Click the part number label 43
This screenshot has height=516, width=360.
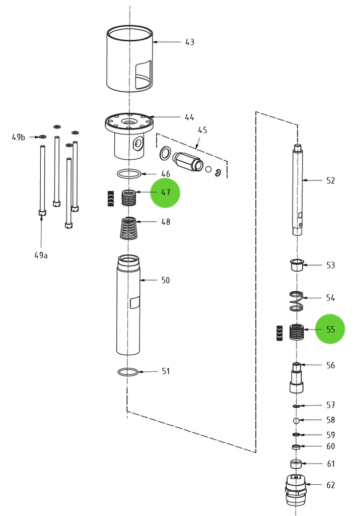(x=189, y=42)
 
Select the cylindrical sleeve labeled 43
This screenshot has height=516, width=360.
(x=129, y=59)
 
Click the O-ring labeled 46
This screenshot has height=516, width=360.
(x=129, y=174)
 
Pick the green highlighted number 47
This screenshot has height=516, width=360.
(x=165, y=192)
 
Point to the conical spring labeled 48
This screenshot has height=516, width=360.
(x=130, y=228)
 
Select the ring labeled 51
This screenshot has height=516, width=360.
(x=128, y=372)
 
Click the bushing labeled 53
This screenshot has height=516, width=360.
(x=297, y=265)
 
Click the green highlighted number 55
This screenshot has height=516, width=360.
(x=330, y=330)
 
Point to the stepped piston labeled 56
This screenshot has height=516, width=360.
(x=297, y=378)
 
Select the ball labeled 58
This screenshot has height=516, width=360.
(x=297, y=420)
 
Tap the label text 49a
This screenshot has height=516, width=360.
(x=41, y=255)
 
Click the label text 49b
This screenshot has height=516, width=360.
(x=19, y=137)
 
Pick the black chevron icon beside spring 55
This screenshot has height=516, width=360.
(x=279, y=333)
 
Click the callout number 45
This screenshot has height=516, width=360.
(x=202, y=130)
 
